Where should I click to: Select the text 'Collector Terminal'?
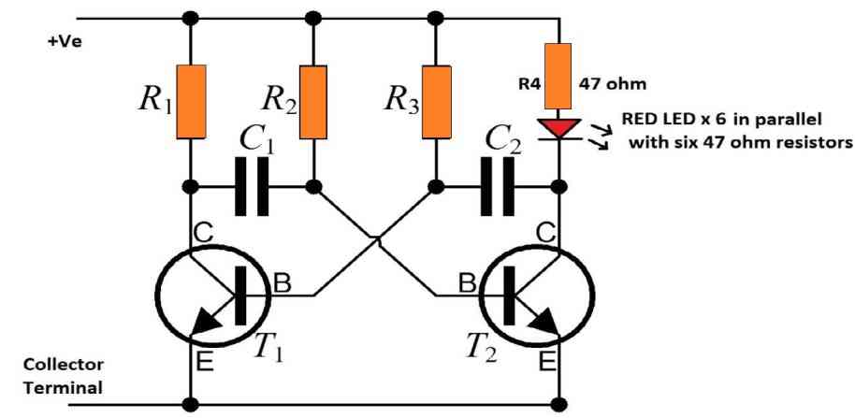(x=64, y=376)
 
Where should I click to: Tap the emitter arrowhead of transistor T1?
(x=205, y=323)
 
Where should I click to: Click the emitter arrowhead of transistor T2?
(x=544, y=323)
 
